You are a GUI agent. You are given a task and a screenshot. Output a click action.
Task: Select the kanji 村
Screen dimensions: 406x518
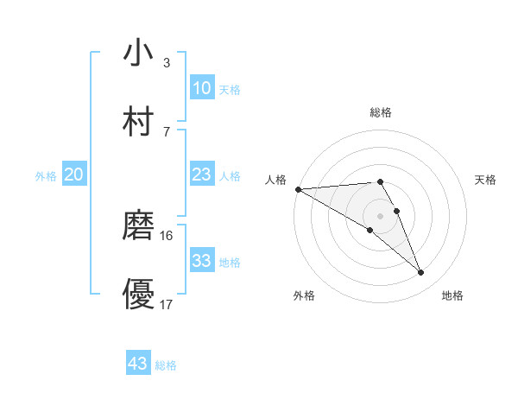pyautogui.click(x=138, y=121)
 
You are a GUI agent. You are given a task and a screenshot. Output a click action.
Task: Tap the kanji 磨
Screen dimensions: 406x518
pyautogui.click(x=138, y=225)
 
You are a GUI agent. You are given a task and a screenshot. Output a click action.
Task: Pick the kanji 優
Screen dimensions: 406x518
pyautogui.click(x=138, y=294)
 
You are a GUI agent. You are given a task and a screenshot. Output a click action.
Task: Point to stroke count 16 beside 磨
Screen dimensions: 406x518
pyautogui.click(x=167, y=235)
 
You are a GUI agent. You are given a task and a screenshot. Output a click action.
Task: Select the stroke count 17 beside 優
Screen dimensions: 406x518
pyautogui.click(x=167, y=304)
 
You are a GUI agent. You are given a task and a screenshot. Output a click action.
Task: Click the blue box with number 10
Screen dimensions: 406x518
pyautogui.click(x=201, y=88)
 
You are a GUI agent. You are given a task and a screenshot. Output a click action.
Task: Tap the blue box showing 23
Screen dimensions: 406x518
pyautogui.click(x=201, y=174)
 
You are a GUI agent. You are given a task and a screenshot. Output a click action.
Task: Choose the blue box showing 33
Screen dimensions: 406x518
pyautogui.click(x=201, y=261)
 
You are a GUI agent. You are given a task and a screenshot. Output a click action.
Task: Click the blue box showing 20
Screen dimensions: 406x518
pyautogui.click(x=73, y=174)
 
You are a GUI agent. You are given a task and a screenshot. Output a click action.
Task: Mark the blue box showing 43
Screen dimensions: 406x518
pyautogui.click(x=138, y=364)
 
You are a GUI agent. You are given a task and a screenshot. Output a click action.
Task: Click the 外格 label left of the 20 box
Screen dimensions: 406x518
pyautogui.click(x=46, y=175)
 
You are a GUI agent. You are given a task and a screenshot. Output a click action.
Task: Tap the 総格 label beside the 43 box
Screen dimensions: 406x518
pyautogui.click(x=166, y=365)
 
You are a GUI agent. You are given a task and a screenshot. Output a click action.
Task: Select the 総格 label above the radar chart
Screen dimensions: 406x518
pyautogui.click(x=381, y=112)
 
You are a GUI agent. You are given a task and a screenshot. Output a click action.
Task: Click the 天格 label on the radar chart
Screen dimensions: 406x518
pyautogui.click(x=485, y=180)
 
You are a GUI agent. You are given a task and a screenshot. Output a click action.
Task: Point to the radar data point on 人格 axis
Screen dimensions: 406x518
pyautogui.click(x=298, y=189)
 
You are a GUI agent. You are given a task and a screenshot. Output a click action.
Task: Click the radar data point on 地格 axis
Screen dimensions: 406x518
pyautogui.click(x=421, y=273)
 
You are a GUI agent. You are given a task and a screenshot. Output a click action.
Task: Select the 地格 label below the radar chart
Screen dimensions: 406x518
pyautogui.click(x=452, y=296)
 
